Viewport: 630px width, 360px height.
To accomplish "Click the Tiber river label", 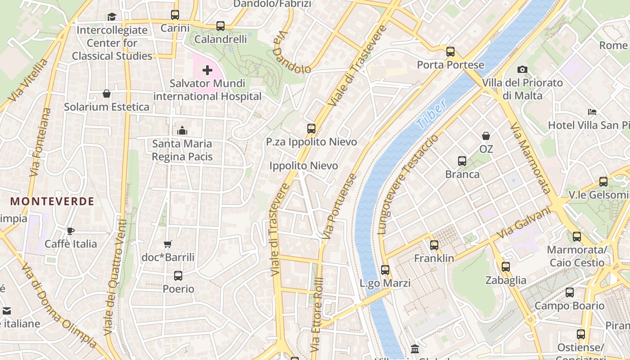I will click(432, 113).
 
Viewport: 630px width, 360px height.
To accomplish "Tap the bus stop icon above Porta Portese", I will click(450, 52).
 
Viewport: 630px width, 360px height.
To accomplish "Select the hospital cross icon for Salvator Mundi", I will click(207, 70).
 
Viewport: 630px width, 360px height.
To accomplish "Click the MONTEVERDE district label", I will click(53, 201).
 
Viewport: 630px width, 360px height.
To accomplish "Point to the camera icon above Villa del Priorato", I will click(522, 69).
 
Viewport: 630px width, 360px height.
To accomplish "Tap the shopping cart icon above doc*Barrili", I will click(168, 244).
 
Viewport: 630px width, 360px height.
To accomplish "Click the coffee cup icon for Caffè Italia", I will click(71, 231).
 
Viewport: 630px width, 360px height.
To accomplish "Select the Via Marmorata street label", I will click(531, 157).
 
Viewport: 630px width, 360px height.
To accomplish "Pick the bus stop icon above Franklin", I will click(434, 245).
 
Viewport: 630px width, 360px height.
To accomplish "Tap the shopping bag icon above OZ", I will click(486, 136).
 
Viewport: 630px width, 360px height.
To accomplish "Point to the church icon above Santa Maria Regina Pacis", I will click(182, 130).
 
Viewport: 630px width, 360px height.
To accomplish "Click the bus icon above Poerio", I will click(178, 276).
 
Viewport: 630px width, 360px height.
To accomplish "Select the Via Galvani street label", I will click(524, 223).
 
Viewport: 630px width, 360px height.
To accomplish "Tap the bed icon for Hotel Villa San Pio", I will click(592, 112).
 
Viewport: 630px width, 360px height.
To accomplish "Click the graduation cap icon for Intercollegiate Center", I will click(112, 17).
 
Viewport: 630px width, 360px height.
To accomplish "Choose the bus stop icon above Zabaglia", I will click(506, 267).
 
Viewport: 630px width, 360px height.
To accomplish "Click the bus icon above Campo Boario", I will click(570, 292).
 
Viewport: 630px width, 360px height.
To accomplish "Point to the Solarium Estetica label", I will click(107, 107).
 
